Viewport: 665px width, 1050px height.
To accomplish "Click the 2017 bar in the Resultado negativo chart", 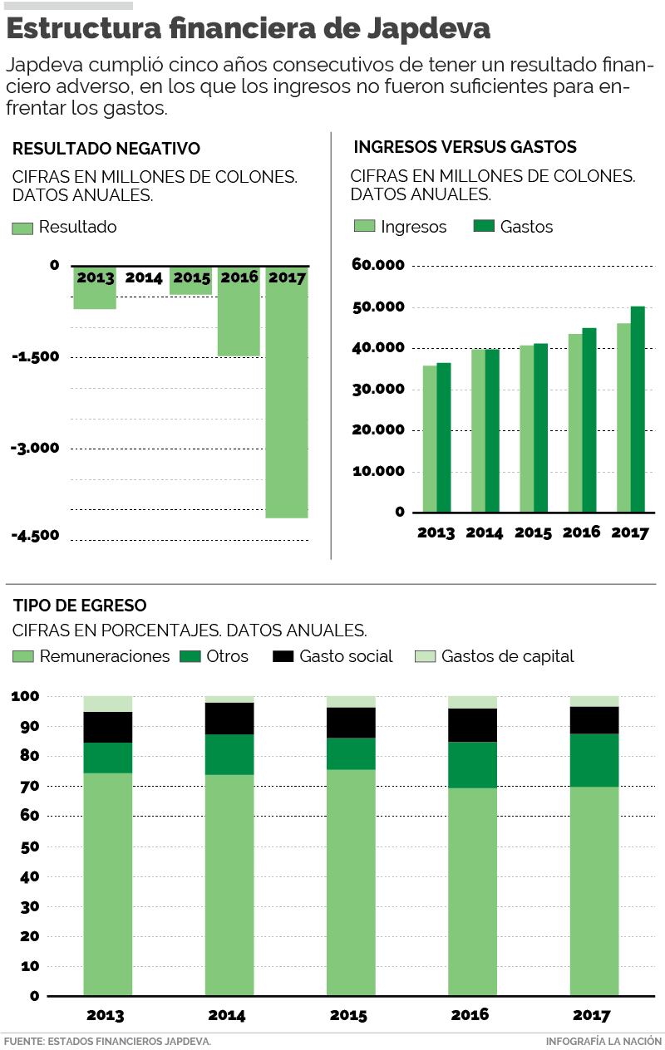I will (287, 399).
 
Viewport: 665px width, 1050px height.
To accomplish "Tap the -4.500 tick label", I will (36, 535).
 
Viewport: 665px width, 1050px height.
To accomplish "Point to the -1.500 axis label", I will (36, 357).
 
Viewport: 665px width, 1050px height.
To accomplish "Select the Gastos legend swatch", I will (484, 227).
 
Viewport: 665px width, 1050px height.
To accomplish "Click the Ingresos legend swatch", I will (364, 227).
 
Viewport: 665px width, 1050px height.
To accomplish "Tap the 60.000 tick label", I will (378, 266).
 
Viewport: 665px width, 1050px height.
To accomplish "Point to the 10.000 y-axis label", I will (378, 471).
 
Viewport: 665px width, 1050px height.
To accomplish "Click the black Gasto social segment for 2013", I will (108, 727).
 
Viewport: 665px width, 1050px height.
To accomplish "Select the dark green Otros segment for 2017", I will (594, 760).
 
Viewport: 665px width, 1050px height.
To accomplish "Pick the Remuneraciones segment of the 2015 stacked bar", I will (351, 881).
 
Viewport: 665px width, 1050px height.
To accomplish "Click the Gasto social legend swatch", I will (283, 656).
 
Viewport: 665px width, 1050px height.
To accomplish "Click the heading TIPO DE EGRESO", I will (80, 606).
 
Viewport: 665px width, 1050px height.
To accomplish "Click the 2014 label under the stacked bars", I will (227, 1015).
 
